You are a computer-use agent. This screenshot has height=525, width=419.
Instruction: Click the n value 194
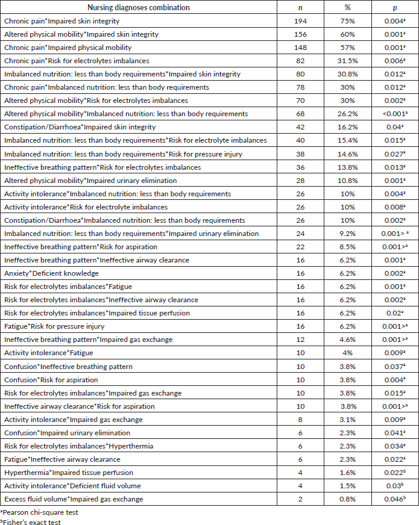pyautogui.click(x=300, y=21)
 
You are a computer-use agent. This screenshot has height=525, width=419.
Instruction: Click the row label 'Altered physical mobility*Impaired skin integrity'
pyautogui.click(x=81, y=34)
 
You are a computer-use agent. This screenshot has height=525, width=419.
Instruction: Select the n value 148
pyautogui.click(x=300, y=48)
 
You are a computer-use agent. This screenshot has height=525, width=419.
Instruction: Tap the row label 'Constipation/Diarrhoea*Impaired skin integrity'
pyautogui.click(x=80, y=127)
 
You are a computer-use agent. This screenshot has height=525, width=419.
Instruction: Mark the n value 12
pyautogui.click(x=300, y=340)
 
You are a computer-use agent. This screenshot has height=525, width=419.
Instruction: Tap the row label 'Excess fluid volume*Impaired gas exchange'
pyautogui.click(x=74, y=499)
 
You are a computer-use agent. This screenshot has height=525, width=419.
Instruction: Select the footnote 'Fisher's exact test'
pyautogui.click(x=31, y=521)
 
